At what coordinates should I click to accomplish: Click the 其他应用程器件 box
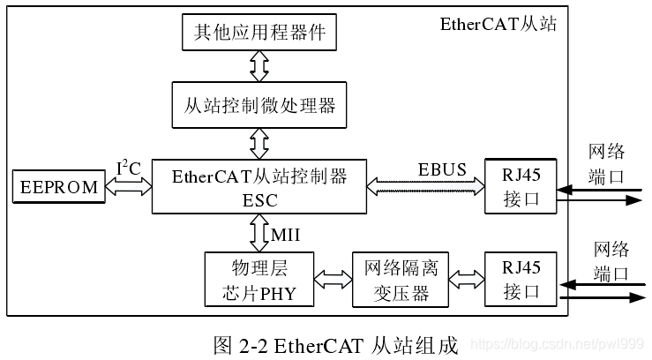pyautogui.click(x=259, y=32)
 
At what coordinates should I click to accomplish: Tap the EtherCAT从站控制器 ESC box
pyautogui.click(x=259, y=186)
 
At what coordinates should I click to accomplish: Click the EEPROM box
pyautogui.click(x=58, y=187)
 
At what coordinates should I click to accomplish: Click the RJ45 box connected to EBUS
pyautogui.click(x=521, y=186)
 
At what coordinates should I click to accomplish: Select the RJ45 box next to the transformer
pyautogui.click(x=521, y=279)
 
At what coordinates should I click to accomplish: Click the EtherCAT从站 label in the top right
pyautogui.click(x=498, y=23)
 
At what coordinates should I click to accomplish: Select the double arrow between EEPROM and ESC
pyautogui.click(x=128, y=187)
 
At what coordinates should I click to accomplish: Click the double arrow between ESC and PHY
pyautogui.click(x=259, y=232)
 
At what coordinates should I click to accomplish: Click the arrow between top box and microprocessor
pyautogui.click(x=259, y=64)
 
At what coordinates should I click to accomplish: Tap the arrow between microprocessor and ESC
pyautogui.click(x=259, y=142)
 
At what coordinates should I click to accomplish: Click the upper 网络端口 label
pyautogui.click(x=606, y=162)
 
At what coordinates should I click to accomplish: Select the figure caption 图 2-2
pyautogui.click(x=335, y=343)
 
